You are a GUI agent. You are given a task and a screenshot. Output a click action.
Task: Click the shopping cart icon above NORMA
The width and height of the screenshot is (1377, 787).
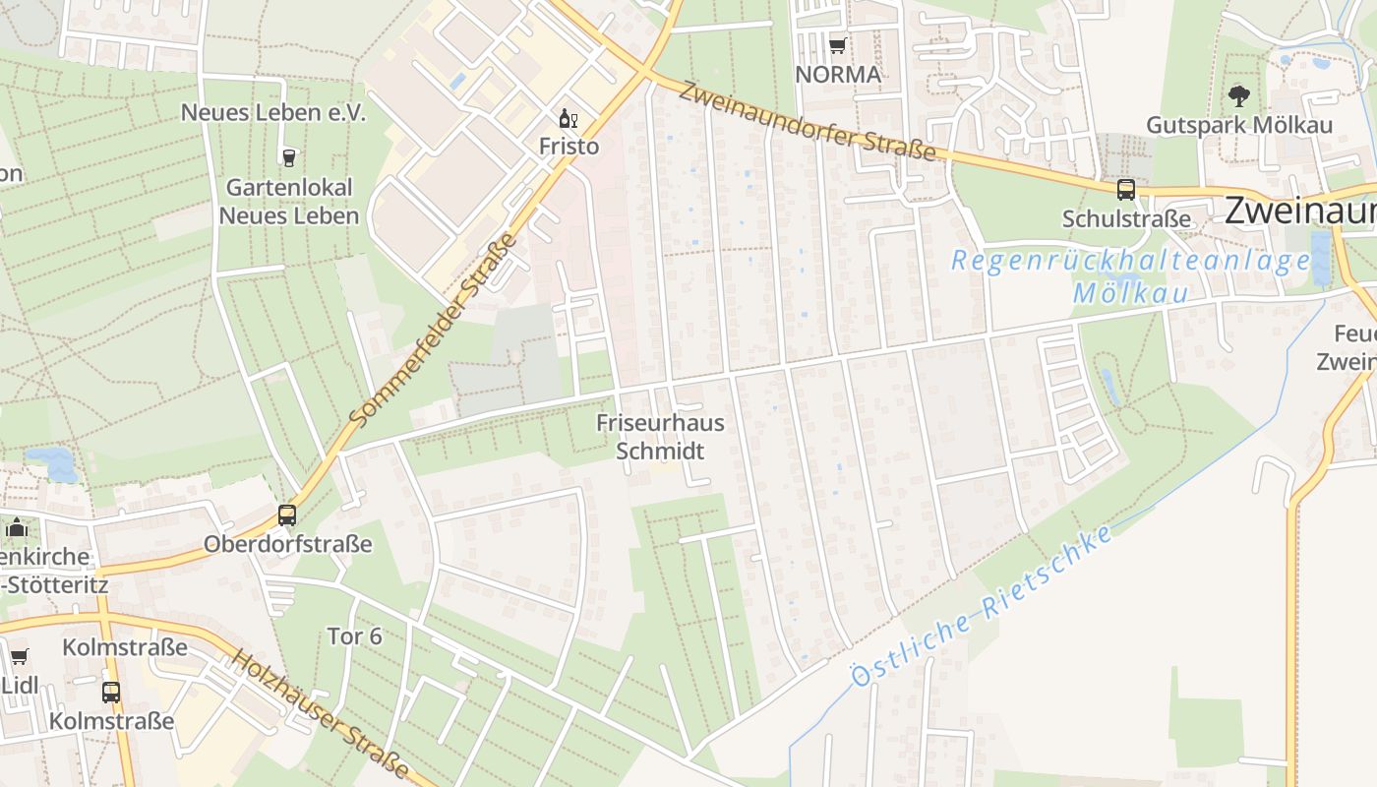(x=837, y=45)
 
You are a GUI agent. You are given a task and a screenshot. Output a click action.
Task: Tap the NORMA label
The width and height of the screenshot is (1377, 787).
(x=838, y=74)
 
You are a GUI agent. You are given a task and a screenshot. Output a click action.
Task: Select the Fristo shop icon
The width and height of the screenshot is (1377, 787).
(x=568, y=119)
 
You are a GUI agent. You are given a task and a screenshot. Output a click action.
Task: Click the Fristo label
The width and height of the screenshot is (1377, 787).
(x=569, y=146)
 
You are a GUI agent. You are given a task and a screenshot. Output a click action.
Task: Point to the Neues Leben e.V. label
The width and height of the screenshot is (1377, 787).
(x=272, y=112)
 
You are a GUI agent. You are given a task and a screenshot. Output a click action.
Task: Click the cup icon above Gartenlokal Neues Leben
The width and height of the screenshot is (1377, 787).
(x=288, y=157)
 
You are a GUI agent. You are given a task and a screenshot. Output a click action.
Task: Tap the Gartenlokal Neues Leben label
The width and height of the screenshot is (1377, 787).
(x=289, y=201)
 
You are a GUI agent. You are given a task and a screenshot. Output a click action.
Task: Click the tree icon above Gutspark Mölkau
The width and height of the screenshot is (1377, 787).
(x=1239, y=96)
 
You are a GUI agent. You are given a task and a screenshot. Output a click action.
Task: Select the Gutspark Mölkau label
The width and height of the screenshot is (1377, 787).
(x=1239, y=125)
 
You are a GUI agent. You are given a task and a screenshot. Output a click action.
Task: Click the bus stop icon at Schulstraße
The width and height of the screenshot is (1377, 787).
(x=1125, y=190)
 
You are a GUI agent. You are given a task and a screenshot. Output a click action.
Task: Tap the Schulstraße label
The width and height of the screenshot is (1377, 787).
(x=1126, y=218)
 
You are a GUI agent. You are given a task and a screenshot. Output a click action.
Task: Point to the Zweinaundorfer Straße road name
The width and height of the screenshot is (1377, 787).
(x=807, y=122)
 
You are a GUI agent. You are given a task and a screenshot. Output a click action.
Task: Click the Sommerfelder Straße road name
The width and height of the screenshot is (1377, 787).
(x=433, y=331)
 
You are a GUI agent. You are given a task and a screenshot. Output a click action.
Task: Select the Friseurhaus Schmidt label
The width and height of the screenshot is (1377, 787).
(x=660, y=437)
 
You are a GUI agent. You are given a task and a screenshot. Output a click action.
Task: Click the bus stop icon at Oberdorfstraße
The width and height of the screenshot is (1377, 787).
(x=287, y=515)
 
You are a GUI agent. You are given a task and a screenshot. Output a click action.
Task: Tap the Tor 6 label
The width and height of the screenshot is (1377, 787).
(x=354, y=636)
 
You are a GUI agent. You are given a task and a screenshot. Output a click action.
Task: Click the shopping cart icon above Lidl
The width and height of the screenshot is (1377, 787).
(x=19, y=656)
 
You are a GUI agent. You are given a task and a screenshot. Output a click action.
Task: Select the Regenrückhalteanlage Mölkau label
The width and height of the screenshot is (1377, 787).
(x=1131, y=276)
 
